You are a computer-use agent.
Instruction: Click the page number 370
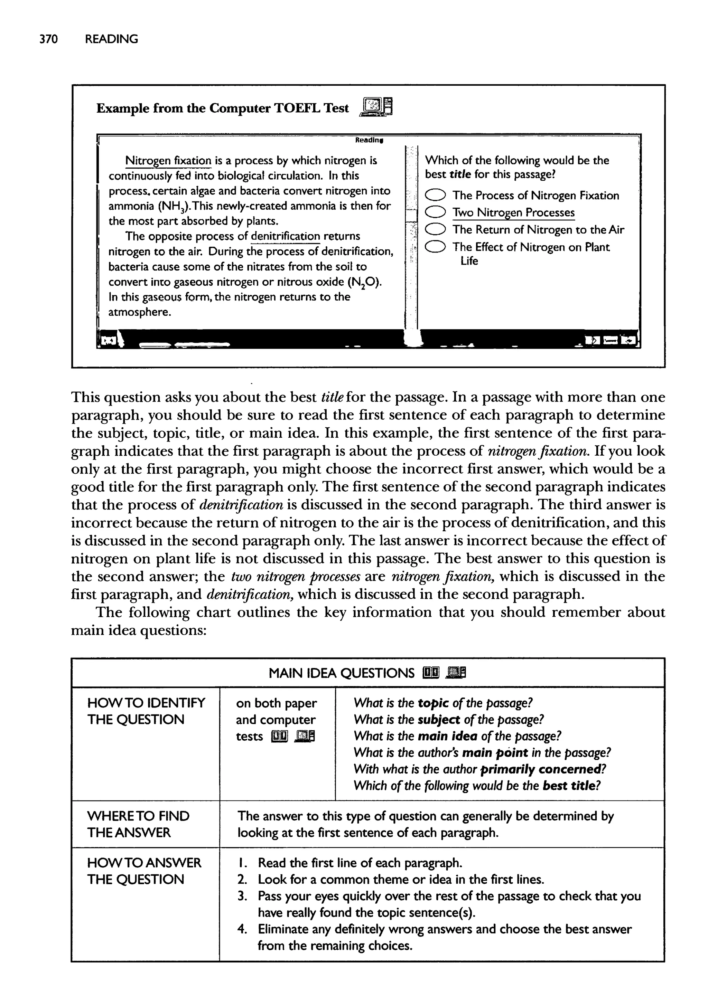click(x=48, y=39)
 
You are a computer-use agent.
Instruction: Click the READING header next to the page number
click(x=111, y=39)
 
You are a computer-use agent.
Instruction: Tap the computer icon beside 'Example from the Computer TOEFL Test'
click(x=376, y=107)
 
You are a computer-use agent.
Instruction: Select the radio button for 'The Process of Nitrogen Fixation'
click(x=436, y=195)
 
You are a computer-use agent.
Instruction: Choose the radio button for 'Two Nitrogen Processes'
click(x=436, y=212)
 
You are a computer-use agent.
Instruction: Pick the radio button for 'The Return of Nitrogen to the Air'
click(x=436, y=229)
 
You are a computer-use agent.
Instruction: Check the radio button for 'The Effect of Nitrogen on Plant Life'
click(x=436, y=247)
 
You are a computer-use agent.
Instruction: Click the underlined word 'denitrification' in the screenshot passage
click(x=285, y=236)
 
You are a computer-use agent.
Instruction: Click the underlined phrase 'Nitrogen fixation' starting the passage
click(x=168, y=161)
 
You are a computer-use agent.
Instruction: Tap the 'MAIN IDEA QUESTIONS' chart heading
click(x=341, y=673)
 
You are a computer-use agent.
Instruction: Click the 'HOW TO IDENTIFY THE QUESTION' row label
click(x=146, y=711)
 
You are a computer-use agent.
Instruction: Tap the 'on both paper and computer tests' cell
click(x=277, y=720)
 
